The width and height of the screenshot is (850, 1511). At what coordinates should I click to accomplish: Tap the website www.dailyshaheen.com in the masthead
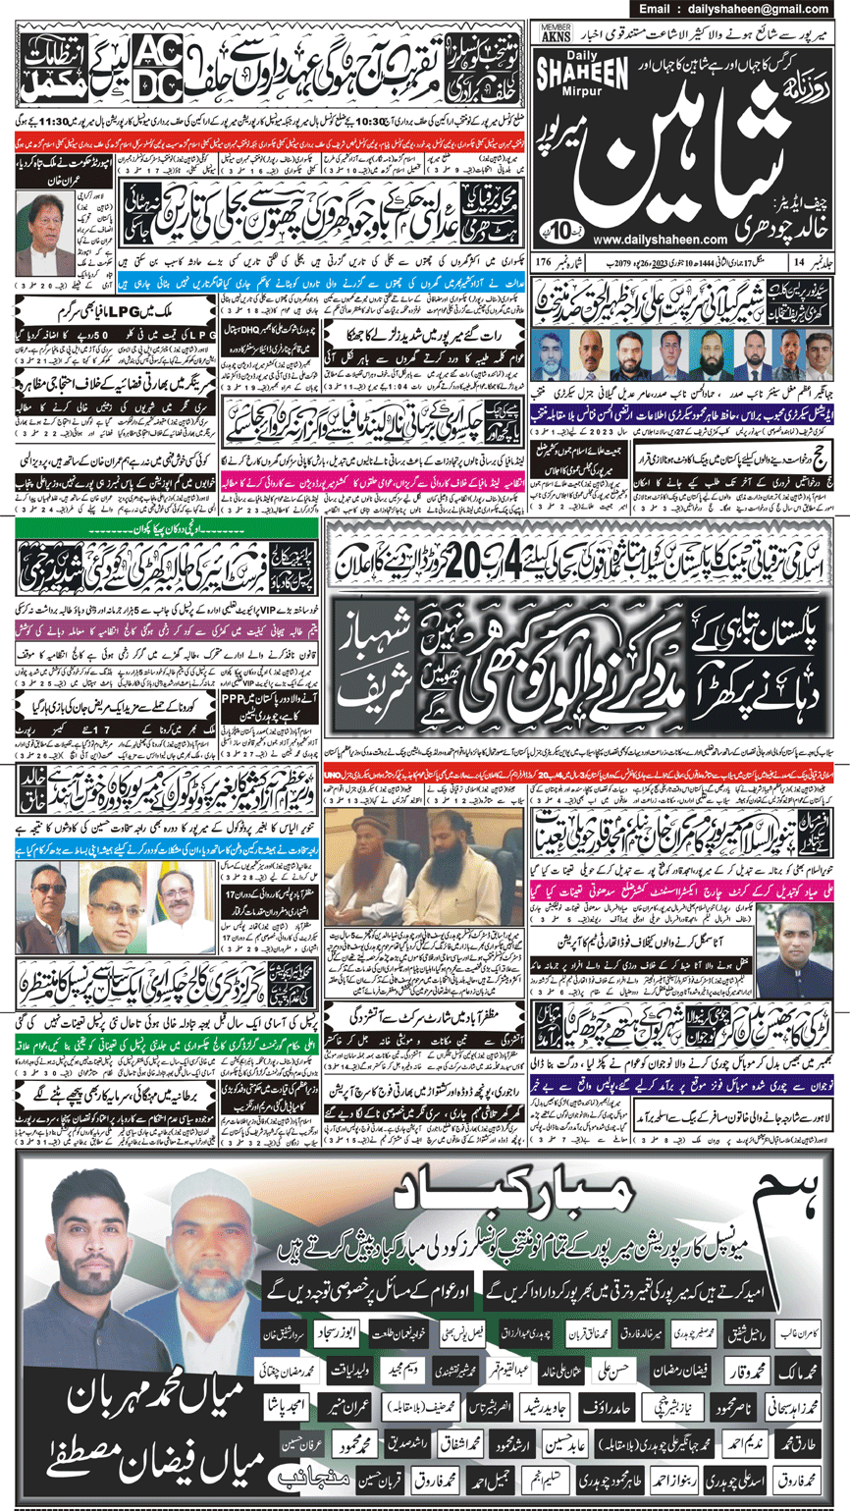click(x=672, y=239)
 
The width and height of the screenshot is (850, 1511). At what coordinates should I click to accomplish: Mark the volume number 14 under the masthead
click(x=799, y=263)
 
